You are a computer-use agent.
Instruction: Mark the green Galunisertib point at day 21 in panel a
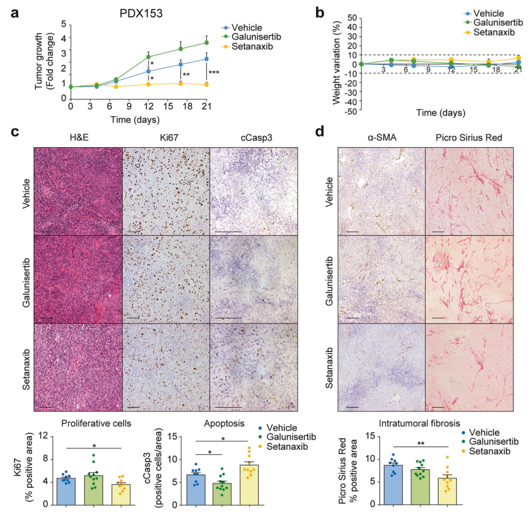pyautogui.click(x=206, y=43)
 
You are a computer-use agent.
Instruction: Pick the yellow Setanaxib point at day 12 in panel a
pyautogui.click(x=148, y=84)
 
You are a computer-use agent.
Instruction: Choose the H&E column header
pyautogui.click(x=78, y=137)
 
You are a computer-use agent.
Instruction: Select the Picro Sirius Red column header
pyautogui.click(x=468, y=137)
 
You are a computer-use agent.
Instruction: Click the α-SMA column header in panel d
pyautogui.click(x=381, y=137)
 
